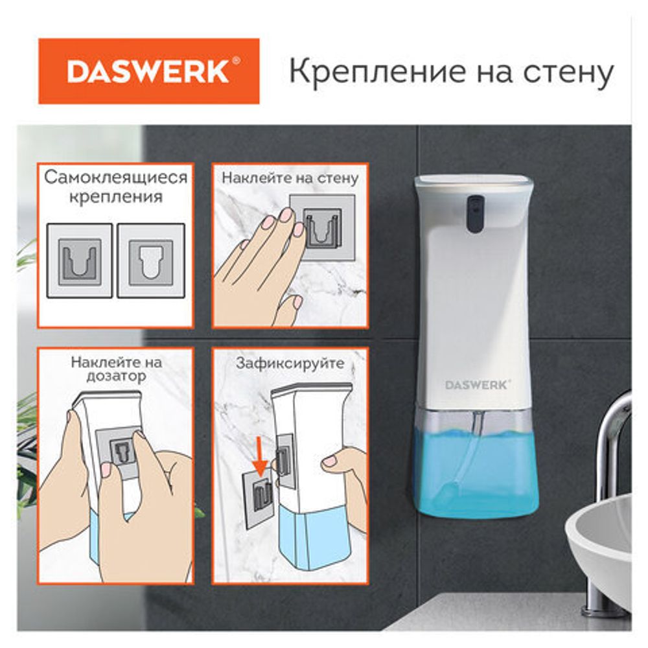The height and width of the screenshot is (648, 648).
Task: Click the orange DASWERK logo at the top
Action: (148, 71)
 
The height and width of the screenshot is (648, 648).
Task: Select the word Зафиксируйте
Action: (290, 364)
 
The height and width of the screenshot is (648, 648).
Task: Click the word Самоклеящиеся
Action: (116, 178)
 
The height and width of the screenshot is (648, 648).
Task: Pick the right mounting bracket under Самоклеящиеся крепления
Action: (151, 260)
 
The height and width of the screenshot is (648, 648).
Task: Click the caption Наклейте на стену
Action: (290, 178)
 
